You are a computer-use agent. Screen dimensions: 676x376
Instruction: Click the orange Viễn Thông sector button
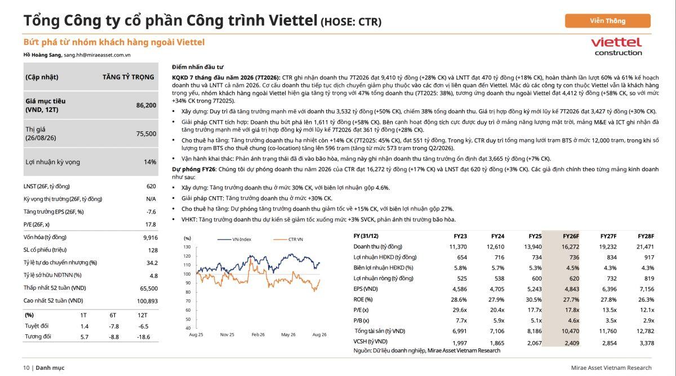(x=607, y=21)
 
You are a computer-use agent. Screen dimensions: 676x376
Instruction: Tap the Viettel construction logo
(x=616, y=47)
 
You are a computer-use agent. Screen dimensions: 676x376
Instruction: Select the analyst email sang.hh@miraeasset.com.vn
(x=97, y=55)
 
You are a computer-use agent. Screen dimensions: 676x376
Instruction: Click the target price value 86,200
(x=146, y=105)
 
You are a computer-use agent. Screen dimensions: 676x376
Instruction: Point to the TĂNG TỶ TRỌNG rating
(x=128, y=77)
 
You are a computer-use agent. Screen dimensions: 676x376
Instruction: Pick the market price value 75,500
(x=146, y=134)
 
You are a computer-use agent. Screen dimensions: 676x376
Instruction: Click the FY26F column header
(x=571, y=236)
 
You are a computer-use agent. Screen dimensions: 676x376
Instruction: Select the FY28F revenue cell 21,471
(x=645, y=247)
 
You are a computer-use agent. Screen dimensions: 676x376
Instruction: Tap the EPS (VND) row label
(x=366, y=289)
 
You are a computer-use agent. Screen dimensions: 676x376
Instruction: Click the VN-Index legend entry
(x=234, y=240)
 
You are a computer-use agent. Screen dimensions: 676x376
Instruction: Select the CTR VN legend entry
(x=288, y=240)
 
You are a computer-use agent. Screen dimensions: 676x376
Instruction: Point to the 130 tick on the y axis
(x=187, y=247)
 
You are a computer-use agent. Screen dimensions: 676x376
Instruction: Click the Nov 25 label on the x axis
(x=227, y=335)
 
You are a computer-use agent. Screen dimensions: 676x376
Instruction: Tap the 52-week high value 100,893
(x=147, y=301)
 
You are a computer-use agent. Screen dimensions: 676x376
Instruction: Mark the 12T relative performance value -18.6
(x=143, y=337)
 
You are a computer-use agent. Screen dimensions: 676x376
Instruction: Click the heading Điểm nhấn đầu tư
(x=198, y=67)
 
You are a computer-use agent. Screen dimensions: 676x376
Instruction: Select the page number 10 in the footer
(x=26, y=368)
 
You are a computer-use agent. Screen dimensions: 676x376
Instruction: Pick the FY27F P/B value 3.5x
(x=611, y=320)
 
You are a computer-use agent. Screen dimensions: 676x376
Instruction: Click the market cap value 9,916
(x=150, y=238)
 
